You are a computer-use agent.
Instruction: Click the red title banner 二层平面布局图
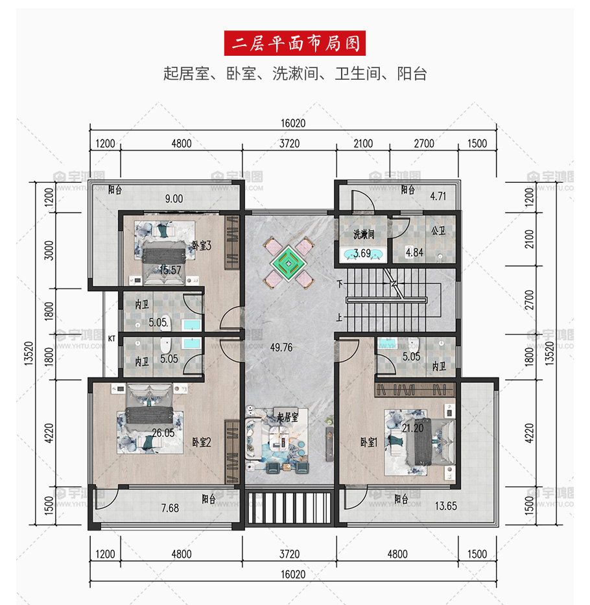pos(295,43)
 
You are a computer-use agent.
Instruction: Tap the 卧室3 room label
pos(202,245)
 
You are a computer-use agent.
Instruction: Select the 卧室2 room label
pos(202,442)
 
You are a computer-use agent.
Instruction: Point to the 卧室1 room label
pos(368,442)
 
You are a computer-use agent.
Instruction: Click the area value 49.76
pos(281,348)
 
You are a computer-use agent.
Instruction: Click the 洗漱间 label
pos(364,234)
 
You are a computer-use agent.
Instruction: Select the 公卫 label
pos(438,231)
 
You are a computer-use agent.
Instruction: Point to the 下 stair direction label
pos(340,284)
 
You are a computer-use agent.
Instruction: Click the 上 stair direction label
pos(339,317)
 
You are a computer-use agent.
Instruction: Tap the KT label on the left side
pos(112,338)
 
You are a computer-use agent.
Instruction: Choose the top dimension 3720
pos(289,143)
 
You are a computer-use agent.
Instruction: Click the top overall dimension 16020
pos(293,123)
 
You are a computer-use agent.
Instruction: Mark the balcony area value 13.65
pos(445,506)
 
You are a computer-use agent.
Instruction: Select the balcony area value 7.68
pos(170,508)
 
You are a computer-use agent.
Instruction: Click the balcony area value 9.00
pos(174,198)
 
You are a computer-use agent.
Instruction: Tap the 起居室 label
pos(288,417)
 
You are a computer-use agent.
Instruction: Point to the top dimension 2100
pos(363,143)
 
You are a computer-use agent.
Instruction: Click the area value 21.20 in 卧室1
pos(412,428)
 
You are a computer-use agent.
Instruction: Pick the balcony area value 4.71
pos(438,196)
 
